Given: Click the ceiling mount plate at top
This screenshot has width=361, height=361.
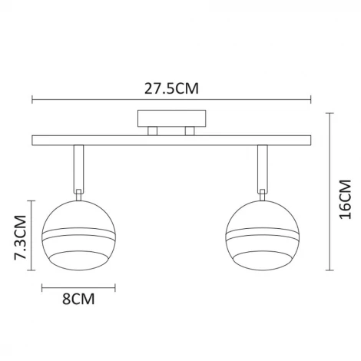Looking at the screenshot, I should (x=171, y=119).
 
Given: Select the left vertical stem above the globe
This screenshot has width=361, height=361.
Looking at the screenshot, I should (x=78, y=167).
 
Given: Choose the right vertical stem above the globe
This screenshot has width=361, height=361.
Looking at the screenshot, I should (x=263, y=167).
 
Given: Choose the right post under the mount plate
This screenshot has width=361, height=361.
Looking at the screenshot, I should (x=187, y=131).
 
